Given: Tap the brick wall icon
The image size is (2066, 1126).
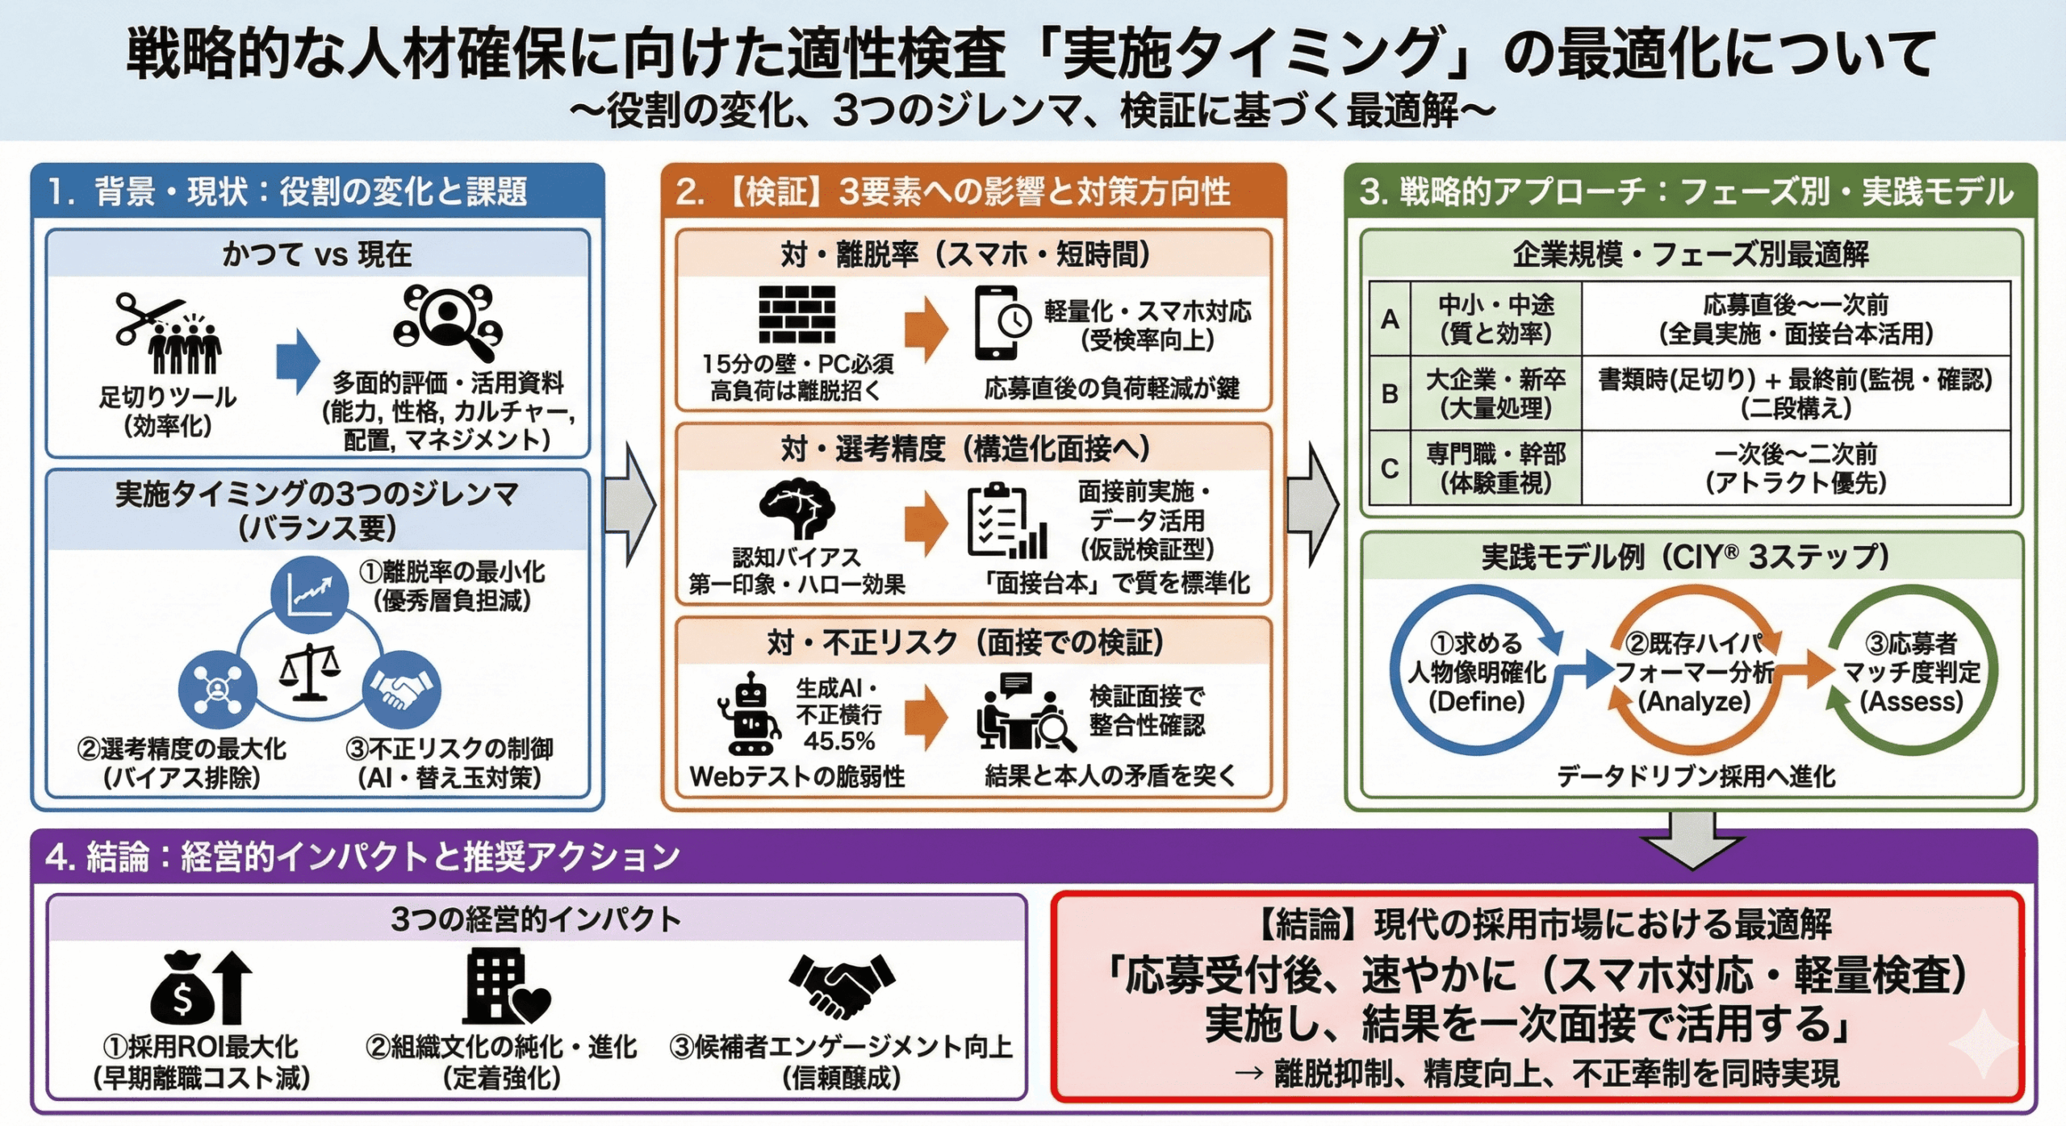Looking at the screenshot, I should (x=797, y=315).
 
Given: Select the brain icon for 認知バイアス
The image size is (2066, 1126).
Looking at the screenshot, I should (x=797, y=509).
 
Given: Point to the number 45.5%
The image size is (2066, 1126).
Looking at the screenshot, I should (x=839, y=741).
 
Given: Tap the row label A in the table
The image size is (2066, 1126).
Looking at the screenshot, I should (x=1390, y=319).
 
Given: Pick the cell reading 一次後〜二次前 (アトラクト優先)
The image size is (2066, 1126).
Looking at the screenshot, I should (x=1796, y=468).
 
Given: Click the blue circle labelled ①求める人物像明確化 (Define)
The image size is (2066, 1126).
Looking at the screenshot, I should (x=1476, y=671).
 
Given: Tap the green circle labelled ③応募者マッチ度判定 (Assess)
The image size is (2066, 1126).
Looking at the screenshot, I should (x=1911, y=671).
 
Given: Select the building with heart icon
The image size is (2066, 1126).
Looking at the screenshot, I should (x=504, y=987).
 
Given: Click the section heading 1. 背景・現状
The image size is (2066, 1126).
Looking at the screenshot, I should (x=287, y=192).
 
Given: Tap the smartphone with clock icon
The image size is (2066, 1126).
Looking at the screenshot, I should (x=1001, y=323).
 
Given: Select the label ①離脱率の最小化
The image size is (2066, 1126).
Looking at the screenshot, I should (x=452, y=572).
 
